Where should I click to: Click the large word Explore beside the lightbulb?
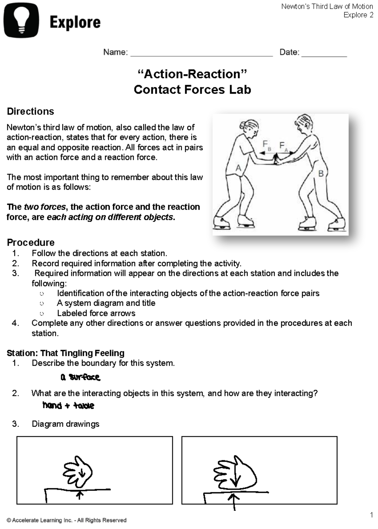click(75, 22)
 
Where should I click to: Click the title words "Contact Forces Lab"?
click(192, 89)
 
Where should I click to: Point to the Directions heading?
click(30, 111)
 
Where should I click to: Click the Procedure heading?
click(31, 242)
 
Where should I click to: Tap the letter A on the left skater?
click(238, 168)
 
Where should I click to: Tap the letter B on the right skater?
click(321, 173)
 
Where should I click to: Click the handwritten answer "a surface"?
click(80, 377)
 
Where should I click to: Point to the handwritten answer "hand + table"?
click(68, 405)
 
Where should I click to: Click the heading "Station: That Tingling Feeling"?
click(66, 353)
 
